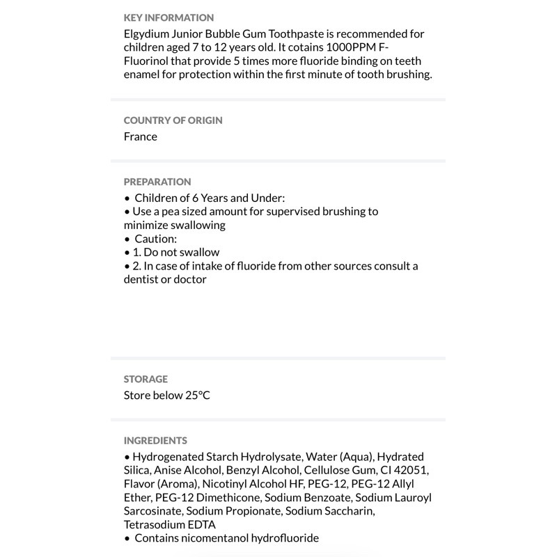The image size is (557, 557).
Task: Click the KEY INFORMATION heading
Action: (168, 17)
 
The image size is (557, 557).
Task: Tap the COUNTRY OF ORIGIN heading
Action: (173, 120)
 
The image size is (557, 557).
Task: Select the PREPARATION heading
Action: (157, 182)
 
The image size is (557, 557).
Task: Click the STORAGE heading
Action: (146, 379)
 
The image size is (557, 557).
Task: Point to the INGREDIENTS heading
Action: (155, 440)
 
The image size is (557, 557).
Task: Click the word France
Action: (141, 136)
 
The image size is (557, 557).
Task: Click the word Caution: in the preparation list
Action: (156, 238)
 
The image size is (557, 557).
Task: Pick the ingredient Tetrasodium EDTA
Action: (170, 524)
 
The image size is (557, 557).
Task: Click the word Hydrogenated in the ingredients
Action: (167, 457)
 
